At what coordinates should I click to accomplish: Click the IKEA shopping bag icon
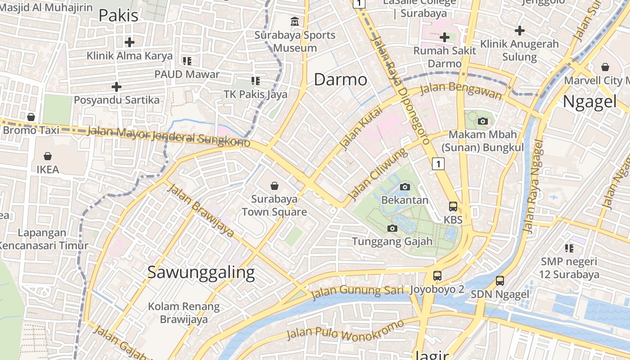pyautogui.click(x=48, y=156)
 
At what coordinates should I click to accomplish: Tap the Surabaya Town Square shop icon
pyautogui.click(x=274, y=186)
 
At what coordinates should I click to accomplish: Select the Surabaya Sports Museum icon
pyautogui.click(x=295, y=21)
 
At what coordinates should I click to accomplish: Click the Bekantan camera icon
pyautogui.click(x=405, y=187)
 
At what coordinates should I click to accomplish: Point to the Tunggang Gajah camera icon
pyautogui.click(x=392, y=229)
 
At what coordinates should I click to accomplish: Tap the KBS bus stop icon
pyautogui.click(x=453, y=207)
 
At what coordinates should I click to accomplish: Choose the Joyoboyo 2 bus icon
pyautogui.click(x=437, y=276)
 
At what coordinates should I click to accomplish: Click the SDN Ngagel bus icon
pyautogui.click(x=499, y=281)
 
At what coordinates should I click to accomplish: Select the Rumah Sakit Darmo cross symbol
pyautogui.click(x=445, y=37)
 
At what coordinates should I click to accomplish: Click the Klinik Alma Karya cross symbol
pyautogui.click(x=130, y=42)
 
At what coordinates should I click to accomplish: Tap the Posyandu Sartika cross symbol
pyautogui.click(x=117, y=86)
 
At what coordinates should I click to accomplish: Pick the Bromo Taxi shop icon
pyautogui.click(x=31, y=117)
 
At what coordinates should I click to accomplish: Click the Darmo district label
pyautogui.click(x=340, y=80)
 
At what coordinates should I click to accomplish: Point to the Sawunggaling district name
pyautogui.click(x=201, y=272)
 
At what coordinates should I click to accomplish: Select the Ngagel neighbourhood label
pyautogui.click(x=589, y=102)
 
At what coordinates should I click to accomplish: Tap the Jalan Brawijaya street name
pyautogui.click(x=200, y=210)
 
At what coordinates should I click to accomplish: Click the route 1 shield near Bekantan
pyautogui.click(x=438, y=164)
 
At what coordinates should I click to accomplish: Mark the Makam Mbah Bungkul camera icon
pyautogui.click(x=482, y=121)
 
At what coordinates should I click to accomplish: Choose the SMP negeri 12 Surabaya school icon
pyautogui.click(x=569, y=248)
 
